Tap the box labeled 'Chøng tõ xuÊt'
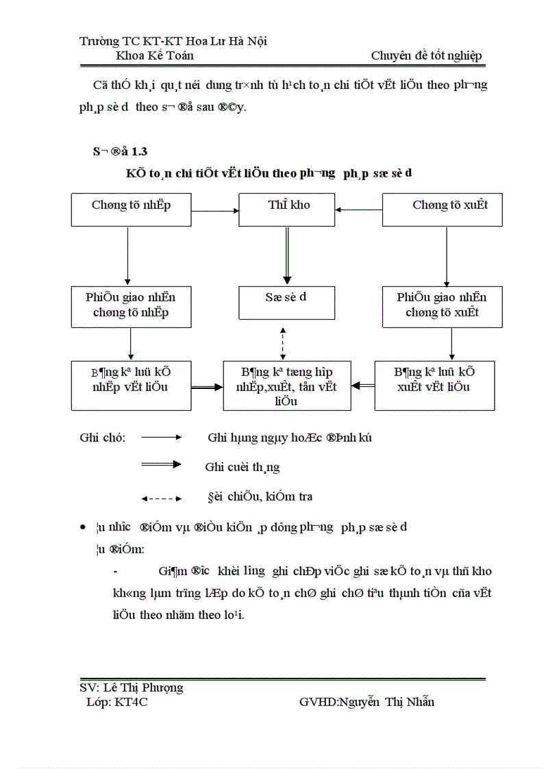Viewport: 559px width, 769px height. coord(442,209)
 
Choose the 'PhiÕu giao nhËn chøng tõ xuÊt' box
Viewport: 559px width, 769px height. coord(442,305)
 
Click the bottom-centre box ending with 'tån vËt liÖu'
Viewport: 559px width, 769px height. coord(287,386)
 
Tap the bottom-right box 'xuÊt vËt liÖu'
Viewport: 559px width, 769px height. coord(434,385)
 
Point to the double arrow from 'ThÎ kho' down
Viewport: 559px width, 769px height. coord(288,255)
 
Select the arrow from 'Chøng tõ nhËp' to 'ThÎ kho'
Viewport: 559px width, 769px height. coord(214,210)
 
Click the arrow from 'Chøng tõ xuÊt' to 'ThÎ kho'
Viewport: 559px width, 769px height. coord(359,210)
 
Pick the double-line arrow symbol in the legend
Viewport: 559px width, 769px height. coord(161,465)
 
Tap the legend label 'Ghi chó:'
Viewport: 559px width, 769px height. coord(102,438)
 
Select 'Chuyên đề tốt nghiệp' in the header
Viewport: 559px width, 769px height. coord(426,55)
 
